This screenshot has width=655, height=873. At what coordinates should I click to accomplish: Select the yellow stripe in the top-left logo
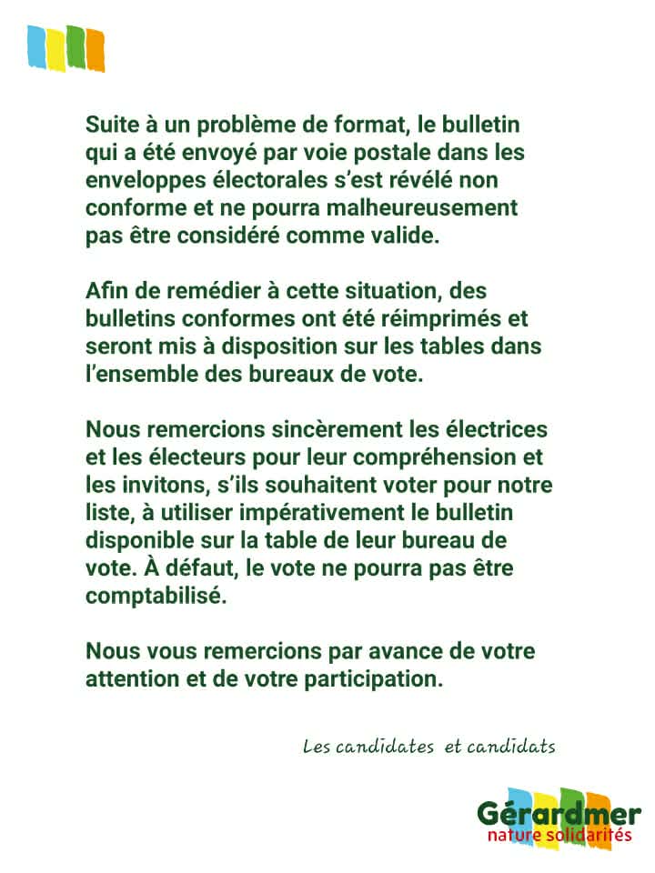pos(55,48)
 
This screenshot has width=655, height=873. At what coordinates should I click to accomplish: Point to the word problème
pos(239,125)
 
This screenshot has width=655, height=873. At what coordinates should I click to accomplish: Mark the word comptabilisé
pos(153,596)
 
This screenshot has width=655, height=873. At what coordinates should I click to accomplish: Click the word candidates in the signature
pos(381,748)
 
